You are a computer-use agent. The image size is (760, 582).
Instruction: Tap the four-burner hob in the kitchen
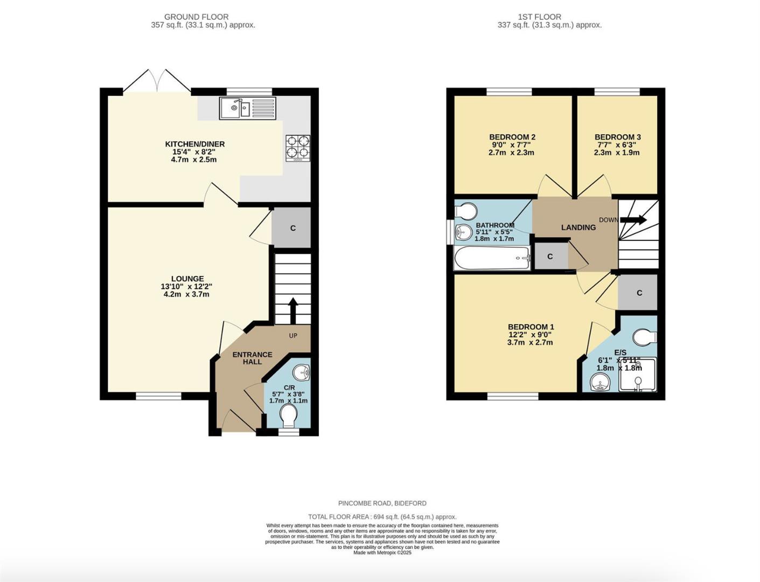click(298, 147)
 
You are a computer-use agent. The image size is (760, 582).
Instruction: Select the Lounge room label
click(187, 279)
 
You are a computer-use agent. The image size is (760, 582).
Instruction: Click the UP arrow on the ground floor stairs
click(293, 310)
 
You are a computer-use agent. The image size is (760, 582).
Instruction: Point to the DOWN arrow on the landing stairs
click(633, 220)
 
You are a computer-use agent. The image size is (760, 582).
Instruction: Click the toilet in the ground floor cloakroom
click(289, 416)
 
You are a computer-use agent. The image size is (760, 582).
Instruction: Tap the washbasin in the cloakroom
click(302, 372)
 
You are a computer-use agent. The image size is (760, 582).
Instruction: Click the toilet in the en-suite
click(644, 337)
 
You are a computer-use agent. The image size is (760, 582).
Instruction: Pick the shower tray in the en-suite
click(638, 375)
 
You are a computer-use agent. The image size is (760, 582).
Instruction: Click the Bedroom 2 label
click(512, 137)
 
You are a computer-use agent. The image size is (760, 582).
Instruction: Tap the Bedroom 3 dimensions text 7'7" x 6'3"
click(617, 145)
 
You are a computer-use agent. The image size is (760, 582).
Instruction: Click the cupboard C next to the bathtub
click(550, 257)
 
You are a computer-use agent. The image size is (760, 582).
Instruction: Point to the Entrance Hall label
click(252, 358)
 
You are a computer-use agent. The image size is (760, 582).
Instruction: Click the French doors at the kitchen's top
click(157, 81)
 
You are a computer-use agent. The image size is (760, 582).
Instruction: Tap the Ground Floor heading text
click(196, 17)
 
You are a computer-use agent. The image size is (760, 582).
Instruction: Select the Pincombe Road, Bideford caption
click(382, 503)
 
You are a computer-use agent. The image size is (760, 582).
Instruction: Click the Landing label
click(578, 227)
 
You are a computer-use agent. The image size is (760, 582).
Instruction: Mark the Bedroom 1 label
click(531, 327)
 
